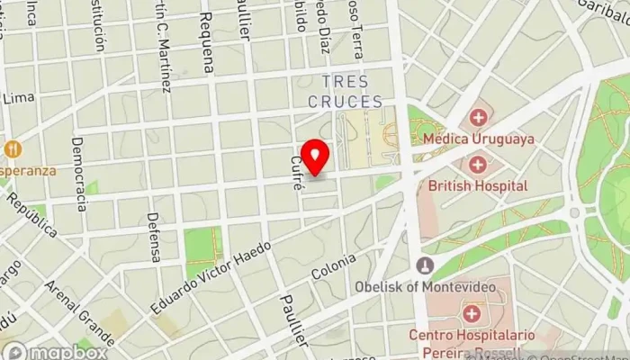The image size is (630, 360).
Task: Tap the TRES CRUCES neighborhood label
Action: [x=345, y=92]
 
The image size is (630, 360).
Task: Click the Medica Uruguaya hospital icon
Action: [x=477, y=117]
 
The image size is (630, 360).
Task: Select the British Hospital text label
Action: [x=478, y=185]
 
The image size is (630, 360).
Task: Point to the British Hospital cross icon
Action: [x=477, y=165]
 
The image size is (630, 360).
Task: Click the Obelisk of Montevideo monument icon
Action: [x=425, y=265]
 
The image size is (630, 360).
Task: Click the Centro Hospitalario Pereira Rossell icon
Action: [x=471, y=313]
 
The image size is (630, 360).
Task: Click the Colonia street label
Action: [x=328, y=265]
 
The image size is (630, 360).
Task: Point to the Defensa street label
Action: [x=154, y=237]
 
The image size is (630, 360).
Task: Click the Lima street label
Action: [x=18, y=97]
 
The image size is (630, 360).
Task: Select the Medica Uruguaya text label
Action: [x=479, y=139]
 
